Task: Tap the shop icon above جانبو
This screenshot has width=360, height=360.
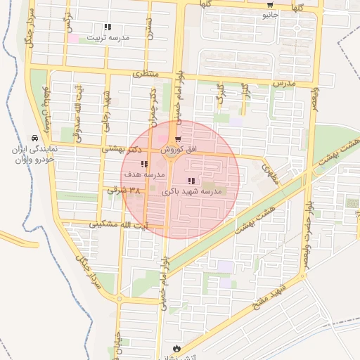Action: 270,5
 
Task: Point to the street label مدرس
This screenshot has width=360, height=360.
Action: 285,83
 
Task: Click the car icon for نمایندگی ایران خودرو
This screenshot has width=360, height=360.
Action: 35,139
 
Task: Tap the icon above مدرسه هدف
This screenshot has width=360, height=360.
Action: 144,164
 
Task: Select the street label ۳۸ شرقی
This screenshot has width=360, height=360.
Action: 124,190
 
